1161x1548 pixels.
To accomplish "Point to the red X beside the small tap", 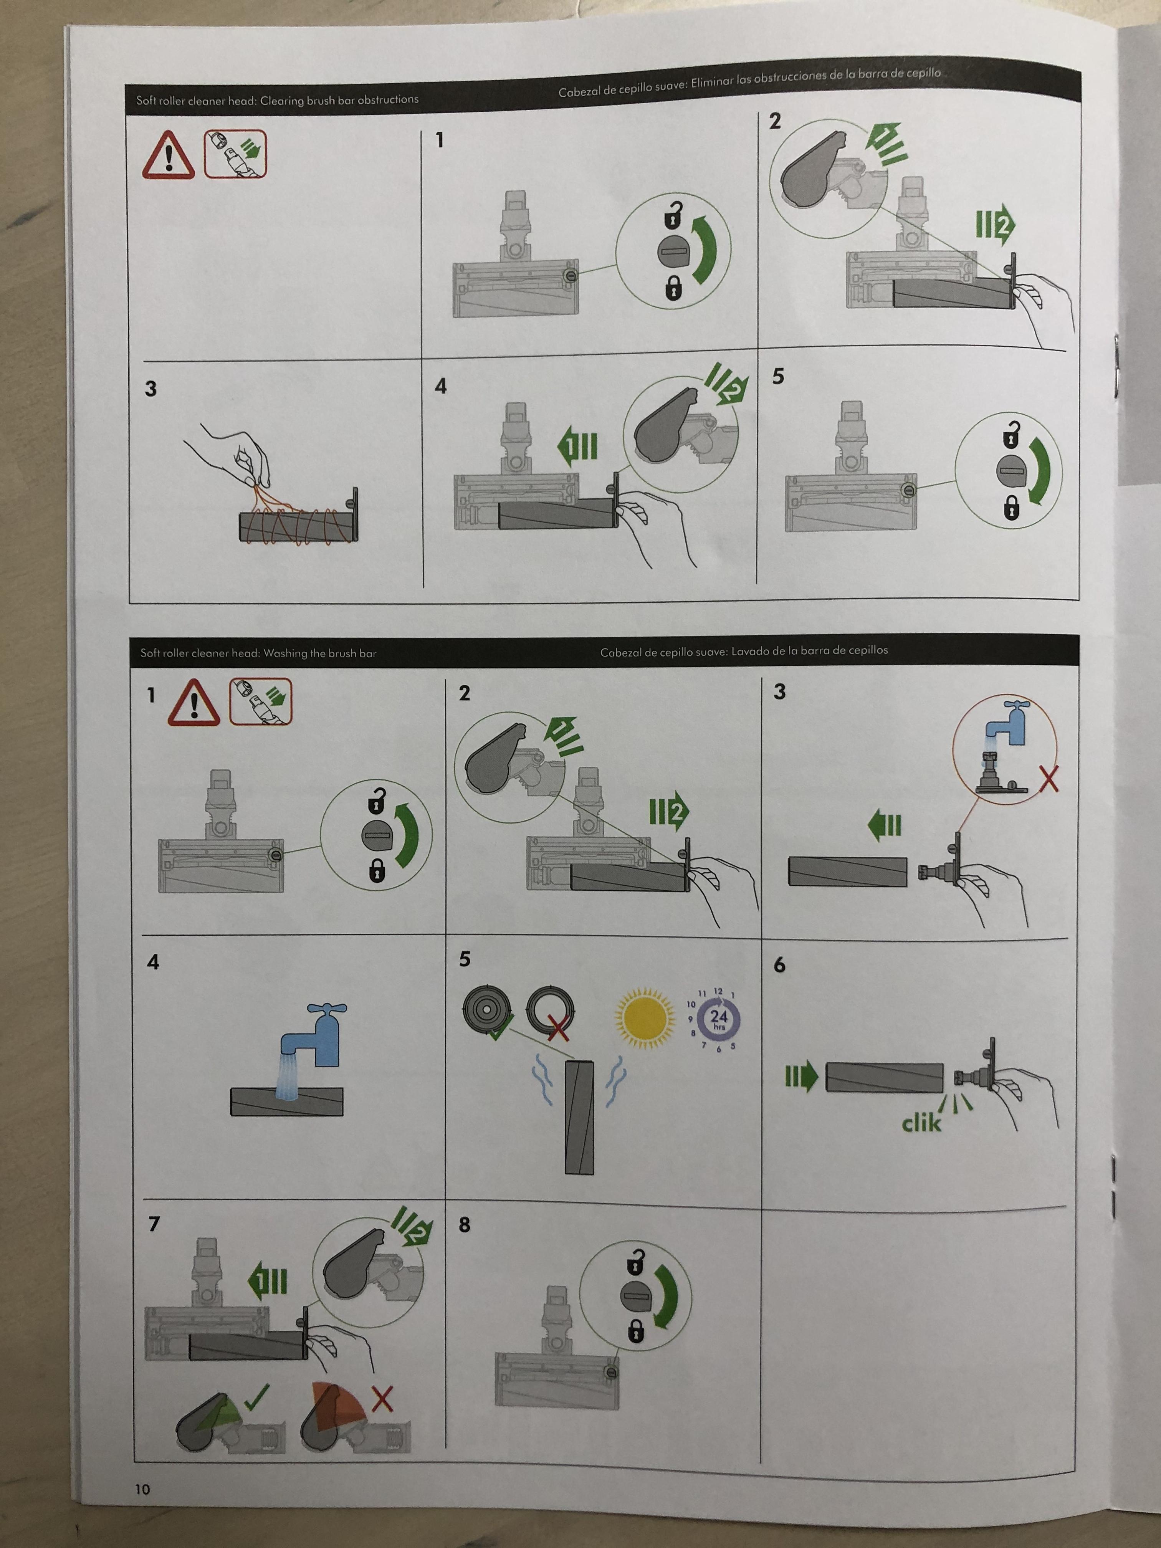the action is coord(1049,778).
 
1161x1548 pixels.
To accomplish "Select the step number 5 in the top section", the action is coord(778,377).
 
